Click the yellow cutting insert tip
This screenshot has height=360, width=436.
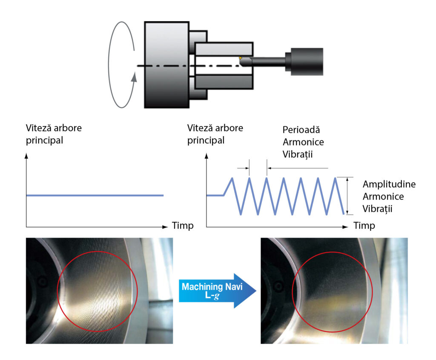pyautogui.click(x=240, y=57)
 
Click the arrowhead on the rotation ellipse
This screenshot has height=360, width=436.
pyautogui.click(x=135, y=77)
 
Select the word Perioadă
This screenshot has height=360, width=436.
pyautogui.click(x=300, y=130)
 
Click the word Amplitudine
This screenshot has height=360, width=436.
pyautogui.click(x=389, y=185)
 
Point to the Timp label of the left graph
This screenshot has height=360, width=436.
pyautogui.click(x=183, y=226)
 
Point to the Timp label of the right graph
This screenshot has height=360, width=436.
pyautogui.click(x=364, y=226)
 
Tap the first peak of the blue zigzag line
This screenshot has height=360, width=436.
pyautogui.click(x=232, y=178)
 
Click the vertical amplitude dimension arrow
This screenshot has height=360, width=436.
pyautogui.click(x=348, y=196)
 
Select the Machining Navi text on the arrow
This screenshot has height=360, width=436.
pyautogui.click(x=212, y=287)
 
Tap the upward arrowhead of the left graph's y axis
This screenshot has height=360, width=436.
pyautogui.click(x=27, y=156)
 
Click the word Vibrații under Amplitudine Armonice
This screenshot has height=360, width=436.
pyautogui.click(x=377, y=209)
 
